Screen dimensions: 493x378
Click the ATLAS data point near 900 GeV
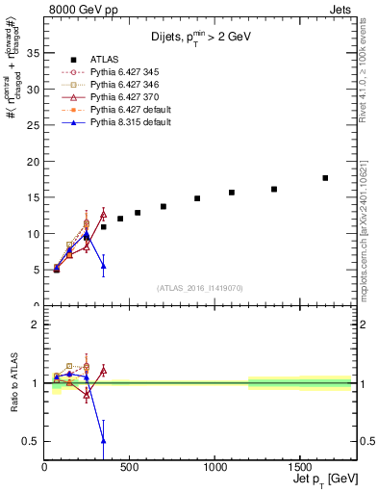(197, 198)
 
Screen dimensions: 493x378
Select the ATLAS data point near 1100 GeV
(232, 193)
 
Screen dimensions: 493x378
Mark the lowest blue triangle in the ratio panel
(103, 440)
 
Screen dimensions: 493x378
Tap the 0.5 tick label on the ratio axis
(31, 441)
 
